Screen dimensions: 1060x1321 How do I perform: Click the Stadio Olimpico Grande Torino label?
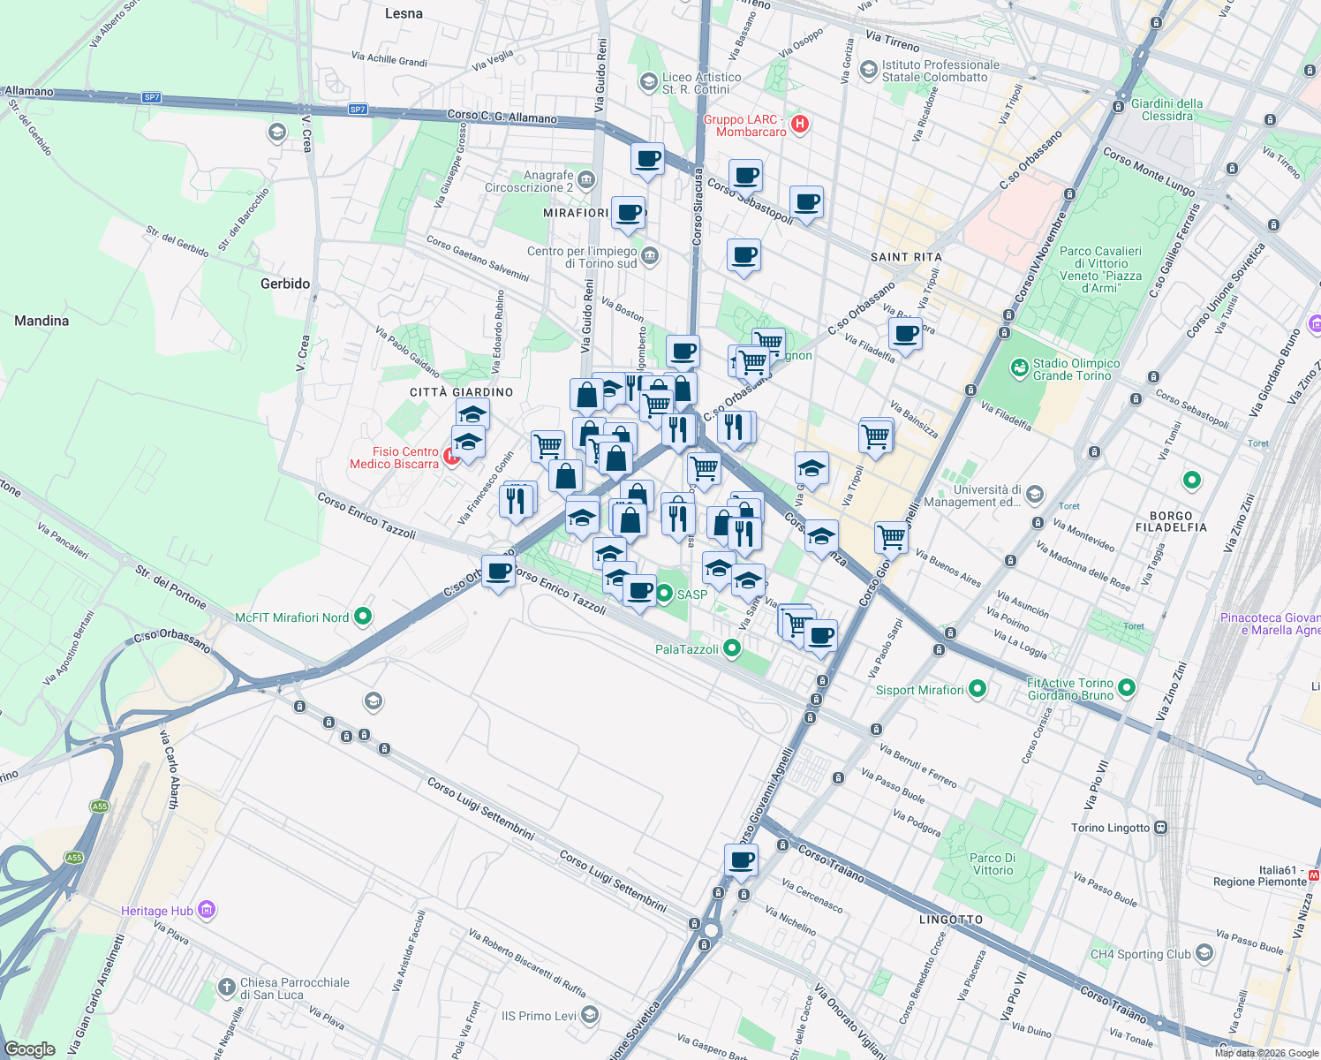pyautogui.click(x=1076, y=369)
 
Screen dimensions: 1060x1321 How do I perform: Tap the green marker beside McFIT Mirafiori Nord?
pyautogui.click(x=362, y=617)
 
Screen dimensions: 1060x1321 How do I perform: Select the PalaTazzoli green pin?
pyautogui.click(x=731, y=649)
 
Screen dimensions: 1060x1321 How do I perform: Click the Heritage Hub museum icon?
pyautogui.click(x=207, y=910)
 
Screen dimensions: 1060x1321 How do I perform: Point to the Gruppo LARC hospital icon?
pyautogui.click(x=800, y=124)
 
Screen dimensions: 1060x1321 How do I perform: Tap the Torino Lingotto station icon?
pyautogui.click(x=1160, y=828)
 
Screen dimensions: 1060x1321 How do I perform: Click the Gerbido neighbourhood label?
pyautogui.click(x=285, y=284)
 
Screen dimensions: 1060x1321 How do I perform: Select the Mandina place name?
pyautogui.click(x=42, y=321)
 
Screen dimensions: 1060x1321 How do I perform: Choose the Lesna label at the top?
pyautogui.click(x=404, y=13)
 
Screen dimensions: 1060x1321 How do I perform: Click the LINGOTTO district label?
pyautogui.click(x=950, y=920)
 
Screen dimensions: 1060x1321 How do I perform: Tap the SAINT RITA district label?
pyautogui.click(x=906, y=257)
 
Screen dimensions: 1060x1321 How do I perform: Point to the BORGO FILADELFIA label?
pyautogui.click(x=1171, y=521)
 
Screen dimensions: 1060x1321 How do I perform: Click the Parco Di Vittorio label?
pyautogui.click(x=993, y=864)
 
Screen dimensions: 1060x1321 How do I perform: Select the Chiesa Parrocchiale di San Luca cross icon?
pyautogui.click(x=227, y=987)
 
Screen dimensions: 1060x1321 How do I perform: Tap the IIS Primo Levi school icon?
pyautogui.click(x=590, y=1015)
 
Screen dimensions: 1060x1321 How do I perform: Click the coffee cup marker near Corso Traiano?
pyautogui.click(x=742, y=859)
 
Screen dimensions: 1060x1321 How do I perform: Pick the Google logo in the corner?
pyautogui.click(x=29, y=1049)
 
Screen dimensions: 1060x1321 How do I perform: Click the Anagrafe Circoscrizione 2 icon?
pyautogui.click(x=586, y=180)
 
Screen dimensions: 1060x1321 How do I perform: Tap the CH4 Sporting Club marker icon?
pyautogui.click(x=1204, y=954)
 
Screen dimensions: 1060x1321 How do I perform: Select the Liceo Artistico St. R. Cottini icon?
pyautogui.click(x=648, y=81)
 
